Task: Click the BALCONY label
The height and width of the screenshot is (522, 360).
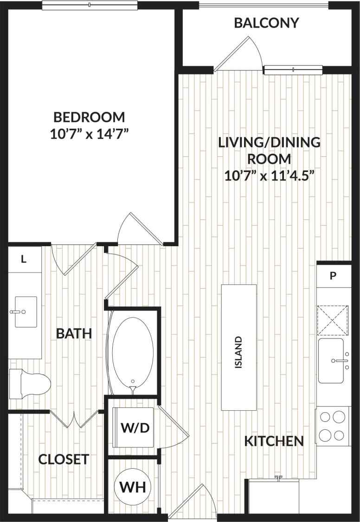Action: coord(266,23)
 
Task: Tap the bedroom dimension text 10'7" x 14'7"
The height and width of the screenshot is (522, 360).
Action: coord(89,134)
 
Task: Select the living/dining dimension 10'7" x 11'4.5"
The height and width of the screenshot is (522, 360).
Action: coord(270,176)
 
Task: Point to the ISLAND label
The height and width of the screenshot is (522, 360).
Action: coord(238,352)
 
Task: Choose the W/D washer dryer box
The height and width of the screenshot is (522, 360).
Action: coord(135,428)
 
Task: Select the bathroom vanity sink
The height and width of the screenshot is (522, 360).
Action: coord(24,312)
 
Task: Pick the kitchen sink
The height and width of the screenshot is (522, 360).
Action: coord(332,360)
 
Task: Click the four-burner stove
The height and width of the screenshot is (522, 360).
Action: coord(333,426)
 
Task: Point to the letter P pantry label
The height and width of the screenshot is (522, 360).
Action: coord(333,276)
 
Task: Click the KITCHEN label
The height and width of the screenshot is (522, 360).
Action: coord(274,441)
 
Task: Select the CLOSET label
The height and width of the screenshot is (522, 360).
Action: coord(64,459)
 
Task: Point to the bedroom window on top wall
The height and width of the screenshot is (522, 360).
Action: coord(90,5)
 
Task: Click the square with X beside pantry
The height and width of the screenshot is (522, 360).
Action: coord(333,319)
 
